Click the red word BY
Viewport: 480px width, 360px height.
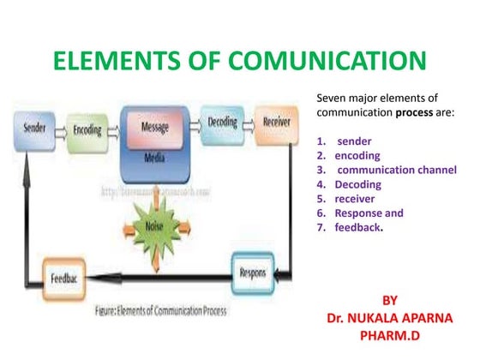tap(389, 300)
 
